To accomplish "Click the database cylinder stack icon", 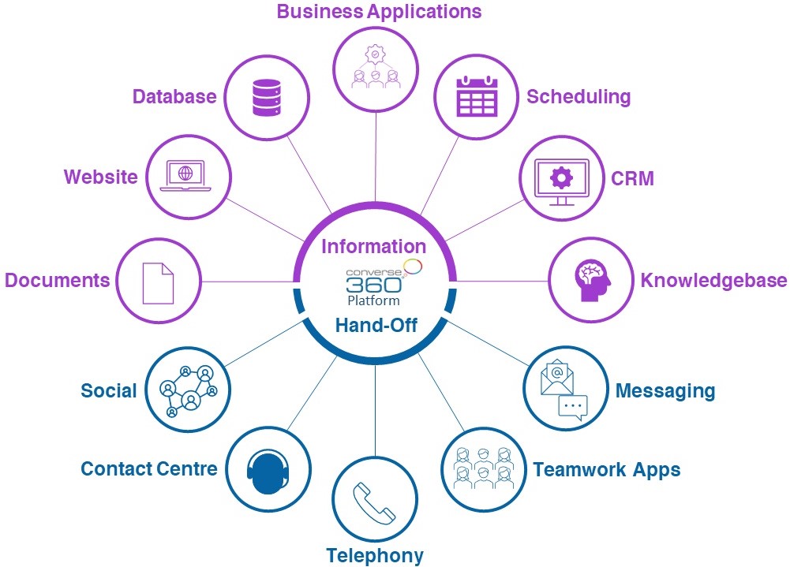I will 267,96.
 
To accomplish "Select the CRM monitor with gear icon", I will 561,181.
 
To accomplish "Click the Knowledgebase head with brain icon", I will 590,281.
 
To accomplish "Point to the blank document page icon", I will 157,282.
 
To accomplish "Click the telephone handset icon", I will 374,500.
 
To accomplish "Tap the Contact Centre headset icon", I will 268,468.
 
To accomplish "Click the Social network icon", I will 188,390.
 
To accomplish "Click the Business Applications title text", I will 378,12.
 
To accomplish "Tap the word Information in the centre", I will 373,246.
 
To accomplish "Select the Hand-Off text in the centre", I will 375,325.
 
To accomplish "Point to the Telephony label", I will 375,555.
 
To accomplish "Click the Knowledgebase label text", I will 713,281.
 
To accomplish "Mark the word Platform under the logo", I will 373,300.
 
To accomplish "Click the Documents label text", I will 57,281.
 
